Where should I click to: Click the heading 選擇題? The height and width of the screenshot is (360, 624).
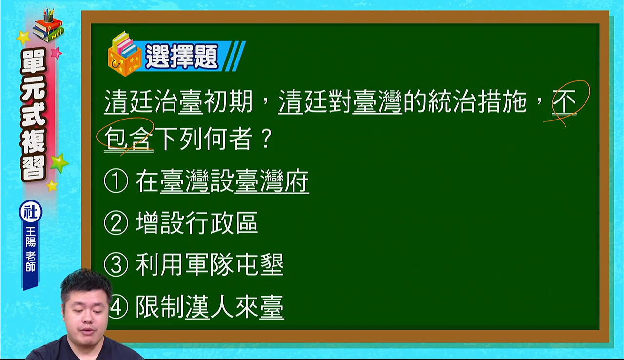[x=182, y=57]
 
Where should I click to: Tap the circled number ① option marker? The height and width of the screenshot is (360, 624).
[x=116, y=181]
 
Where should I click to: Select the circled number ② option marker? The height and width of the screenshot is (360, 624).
[x=116, y=223]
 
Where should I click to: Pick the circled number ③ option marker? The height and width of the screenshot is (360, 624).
[x=116, y=265]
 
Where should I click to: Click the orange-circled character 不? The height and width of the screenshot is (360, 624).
[x=564, y=101]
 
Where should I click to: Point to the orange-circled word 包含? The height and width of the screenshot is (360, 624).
[x=128, y=139]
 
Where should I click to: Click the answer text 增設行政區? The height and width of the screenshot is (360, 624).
[x=197, y=223]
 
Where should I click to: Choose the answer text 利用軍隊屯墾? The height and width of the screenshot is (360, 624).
[x=210, y=265]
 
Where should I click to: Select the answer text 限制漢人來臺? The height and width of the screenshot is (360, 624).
[x=210, y=307]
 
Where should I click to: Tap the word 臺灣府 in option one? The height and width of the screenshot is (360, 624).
[x=272, y=181]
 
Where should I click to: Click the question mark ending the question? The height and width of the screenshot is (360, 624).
[x=266, y=139]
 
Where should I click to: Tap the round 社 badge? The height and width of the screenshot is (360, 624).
[x=31, y=211]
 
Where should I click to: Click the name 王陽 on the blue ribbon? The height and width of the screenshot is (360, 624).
[x=31, y=237]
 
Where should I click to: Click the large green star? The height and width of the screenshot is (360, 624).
[x=59, y=163]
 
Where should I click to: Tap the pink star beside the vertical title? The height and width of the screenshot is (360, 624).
[x=56, y=53]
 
